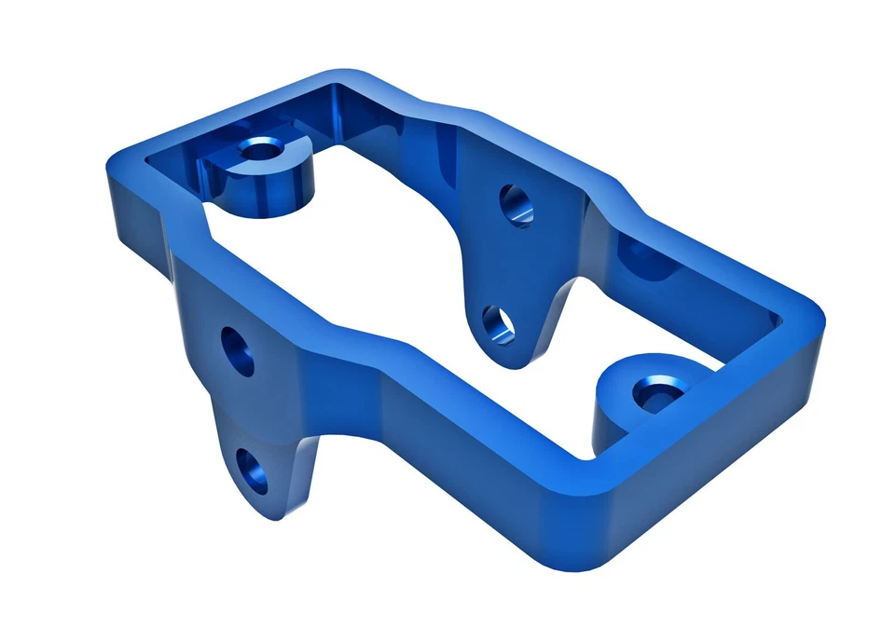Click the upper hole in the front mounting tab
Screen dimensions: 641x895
point(240,352)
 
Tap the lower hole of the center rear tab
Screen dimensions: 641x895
point(499,324)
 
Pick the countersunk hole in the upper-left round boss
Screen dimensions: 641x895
point(260,148)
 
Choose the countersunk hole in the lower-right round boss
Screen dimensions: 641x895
point(654,393)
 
